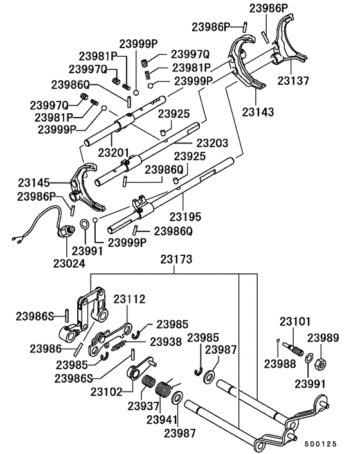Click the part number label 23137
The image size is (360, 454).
pyautogui.click(x=294, y=82)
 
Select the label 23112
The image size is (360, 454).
pyautogui.click(x=130, y=299)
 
